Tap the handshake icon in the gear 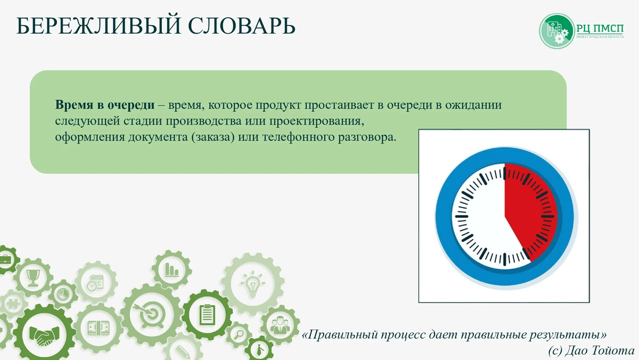point(44,336)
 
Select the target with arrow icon point(151,315)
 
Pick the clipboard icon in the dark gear point(207,315)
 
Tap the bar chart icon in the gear point(172,268)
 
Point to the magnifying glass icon point(238,335)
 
